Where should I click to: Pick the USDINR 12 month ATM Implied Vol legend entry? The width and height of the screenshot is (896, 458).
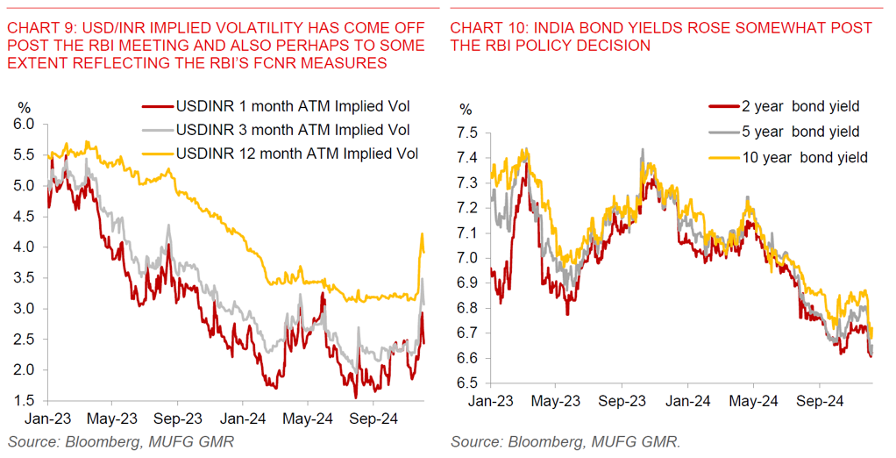(297, 154)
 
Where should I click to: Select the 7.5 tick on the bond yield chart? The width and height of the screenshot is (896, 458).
(470, 133)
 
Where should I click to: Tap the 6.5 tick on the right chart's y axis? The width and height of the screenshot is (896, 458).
(470, 383)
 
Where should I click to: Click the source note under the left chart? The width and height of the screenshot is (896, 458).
(120, 440)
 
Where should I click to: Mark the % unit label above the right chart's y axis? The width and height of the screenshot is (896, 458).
(466, 110)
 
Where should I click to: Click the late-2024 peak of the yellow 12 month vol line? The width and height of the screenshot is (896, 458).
(423, 234)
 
